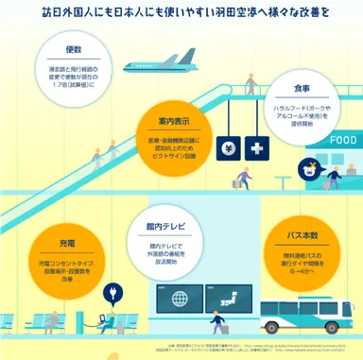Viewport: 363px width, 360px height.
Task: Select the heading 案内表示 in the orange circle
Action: [x=174, y=122]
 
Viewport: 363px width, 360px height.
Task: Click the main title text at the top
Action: [x=181, y=13]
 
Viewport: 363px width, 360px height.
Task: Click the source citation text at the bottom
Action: [x=236, y=350]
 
